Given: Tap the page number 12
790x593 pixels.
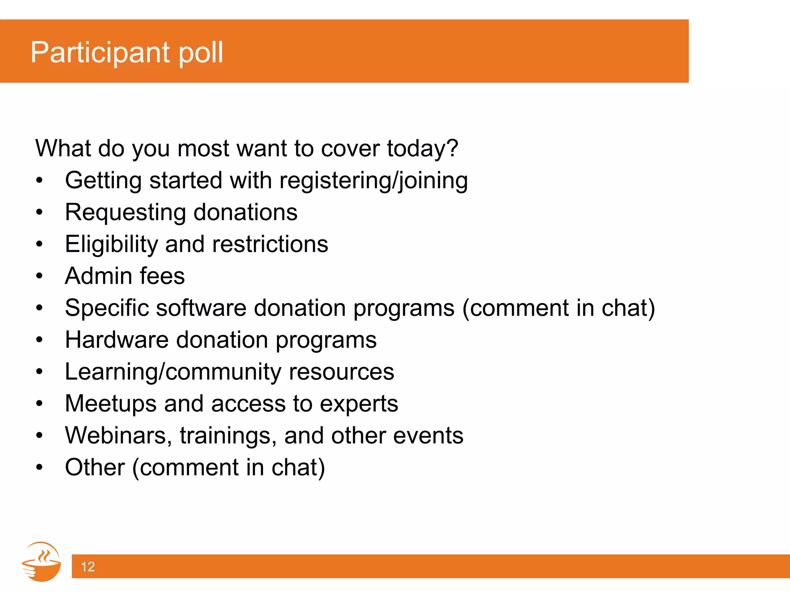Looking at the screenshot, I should pos(88,566).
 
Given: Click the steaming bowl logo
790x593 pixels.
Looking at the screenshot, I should pos(42,562).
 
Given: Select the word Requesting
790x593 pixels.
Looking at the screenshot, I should pos(125,212).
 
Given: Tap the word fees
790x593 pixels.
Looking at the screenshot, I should pos(162,276).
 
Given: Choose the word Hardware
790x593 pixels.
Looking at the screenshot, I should pos(116,340).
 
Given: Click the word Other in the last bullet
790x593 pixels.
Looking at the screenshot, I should pos(95,467).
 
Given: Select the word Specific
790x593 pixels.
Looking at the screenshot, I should pos(106,308).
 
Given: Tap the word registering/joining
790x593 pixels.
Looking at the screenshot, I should pos(373,181).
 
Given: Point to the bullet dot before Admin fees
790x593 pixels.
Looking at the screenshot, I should pos(39,276).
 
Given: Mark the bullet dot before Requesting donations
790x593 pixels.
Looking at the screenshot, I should pos(39,212).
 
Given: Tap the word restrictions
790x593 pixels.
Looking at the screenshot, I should pos(270,244).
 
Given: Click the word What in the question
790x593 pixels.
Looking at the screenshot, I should pos(63,148).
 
